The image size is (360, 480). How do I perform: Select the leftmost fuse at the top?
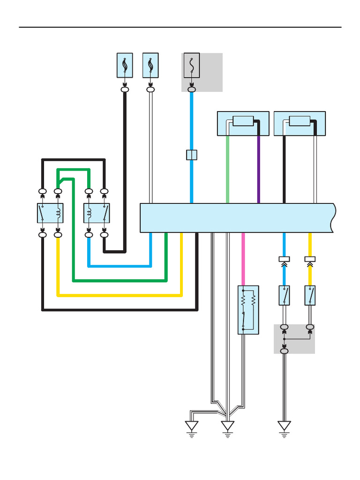125,65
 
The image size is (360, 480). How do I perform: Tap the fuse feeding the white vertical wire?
150,65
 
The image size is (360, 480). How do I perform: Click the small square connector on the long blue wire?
192,155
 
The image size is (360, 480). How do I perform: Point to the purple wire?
258,169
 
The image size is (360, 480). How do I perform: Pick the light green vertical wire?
227,169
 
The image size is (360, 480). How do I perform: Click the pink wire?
243,258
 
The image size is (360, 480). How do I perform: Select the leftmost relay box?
50,213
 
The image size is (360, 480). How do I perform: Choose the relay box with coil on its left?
97,213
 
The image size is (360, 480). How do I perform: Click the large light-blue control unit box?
237,217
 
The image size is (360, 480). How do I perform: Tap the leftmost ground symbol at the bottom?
192,427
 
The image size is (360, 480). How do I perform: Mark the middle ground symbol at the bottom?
228,427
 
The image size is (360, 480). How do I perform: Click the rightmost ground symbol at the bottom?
284,427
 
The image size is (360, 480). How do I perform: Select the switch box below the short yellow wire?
310,295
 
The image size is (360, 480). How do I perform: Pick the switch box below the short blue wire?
284,295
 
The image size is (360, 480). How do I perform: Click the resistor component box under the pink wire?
248,310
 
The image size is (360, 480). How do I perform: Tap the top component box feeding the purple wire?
243,123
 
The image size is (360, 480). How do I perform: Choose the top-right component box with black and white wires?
300,123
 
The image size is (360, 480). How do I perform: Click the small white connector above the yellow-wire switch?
310,259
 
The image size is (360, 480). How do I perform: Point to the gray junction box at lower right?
294,338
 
